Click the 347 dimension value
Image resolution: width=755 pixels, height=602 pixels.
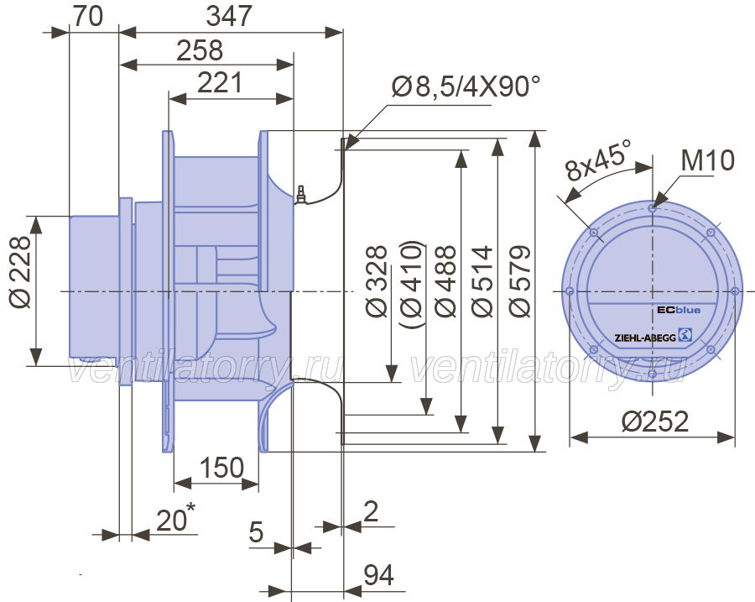tap(229, 16)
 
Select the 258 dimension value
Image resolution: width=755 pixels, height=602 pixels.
tap(200, 50)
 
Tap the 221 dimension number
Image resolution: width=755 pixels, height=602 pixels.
tap(220, 82)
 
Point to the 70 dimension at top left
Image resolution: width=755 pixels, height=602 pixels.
tap(87, 16)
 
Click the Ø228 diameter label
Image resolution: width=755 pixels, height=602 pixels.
tap(20, 271)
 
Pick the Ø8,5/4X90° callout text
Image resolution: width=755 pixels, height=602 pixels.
tap(466, 86)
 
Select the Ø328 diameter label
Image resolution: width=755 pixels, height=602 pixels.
tap(377, 281)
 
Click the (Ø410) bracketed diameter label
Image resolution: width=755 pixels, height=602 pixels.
tap(412, 285)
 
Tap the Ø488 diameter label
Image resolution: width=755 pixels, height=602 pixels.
tap(446, 281)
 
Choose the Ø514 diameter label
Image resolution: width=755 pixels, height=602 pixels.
tap(482, 281)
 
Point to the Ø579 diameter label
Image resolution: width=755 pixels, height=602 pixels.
tap(519, 281)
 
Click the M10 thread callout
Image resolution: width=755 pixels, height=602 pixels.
tap(707, 160)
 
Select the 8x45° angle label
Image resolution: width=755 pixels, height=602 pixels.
tap(598, 160)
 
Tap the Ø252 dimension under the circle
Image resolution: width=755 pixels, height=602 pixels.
tap(655, 421)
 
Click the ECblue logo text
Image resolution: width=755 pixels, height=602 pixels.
tap(679, 310)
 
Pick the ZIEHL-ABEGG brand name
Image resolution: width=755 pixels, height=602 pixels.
tap(645, 338)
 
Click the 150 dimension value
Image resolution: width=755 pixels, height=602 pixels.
tap(221, 468)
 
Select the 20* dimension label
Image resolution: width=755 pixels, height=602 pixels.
tap(176, 518)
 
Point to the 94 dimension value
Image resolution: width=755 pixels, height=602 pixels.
tap(378, 574)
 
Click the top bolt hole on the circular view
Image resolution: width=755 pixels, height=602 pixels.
tap(652, 208)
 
